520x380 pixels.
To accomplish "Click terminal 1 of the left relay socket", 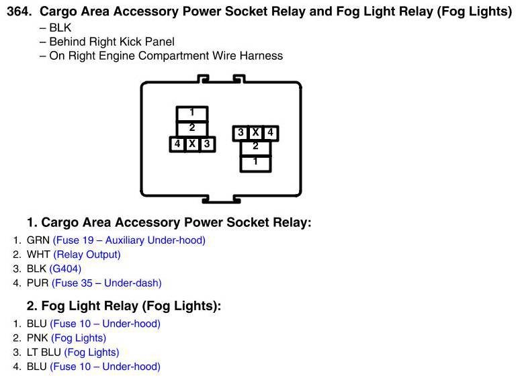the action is (192, 113).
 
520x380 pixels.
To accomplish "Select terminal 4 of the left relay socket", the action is (177, 144).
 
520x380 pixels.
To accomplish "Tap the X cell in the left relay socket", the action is (192, 144).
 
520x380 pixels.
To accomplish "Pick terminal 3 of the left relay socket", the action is (208, 144).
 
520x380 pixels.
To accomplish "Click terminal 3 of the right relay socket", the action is (241, 133).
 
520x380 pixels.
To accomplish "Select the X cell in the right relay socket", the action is (255, 133).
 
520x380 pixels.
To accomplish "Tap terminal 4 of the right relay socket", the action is (271, 133).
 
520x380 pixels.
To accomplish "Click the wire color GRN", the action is (38, 240).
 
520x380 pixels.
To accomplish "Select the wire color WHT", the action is (38, 254).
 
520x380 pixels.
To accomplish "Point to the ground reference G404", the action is (65, 269).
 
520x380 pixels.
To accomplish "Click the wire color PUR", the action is (38, 283).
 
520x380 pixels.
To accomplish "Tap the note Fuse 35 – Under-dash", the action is (107, 283).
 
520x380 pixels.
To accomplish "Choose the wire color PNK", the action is (38, 338).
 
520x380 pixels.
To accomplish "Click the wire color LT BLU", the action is (44, 352).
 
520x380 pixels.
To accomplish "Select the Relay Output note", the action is (87, 254).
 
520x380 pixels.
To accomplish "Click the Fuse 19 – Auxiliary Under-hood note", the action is (130, 240).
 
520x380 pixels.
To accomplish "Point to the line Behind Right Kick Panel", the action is (112, 42).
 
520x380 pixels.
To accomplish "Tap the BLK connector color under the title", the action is (60, 28).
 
